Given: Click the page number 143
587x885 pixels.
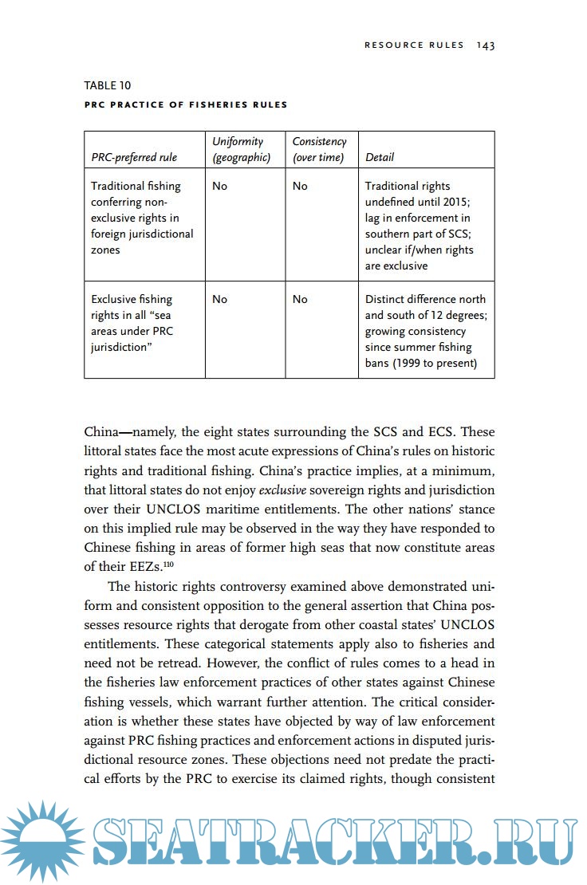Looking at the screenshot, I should tap(486, 45).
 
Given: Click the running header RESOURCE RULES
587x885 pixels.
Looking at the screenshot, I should tap(414, 45).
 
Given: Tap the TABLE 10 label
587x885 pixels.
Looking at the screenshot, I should tap(108, 85).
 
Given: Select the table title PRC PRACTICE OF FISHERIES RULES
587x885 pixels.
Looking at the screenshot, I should tap(186, 104).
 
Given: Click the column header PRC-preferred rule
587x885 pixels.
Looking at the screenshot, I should tap(134, 157).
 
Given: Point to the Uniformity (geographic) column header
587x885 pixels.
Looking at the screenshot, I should tap(242, 149).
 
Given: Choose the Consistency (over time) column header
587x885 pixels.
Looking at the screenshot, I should tap(319, 149).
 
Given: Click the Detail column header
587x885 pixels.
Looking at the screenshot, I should tap(380, 157).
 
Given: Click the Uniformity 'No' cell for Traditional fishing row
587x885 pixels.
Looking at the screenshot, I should tap(220, 186).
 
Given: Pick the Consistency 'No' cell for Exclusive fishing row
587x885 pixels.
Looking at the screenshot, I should tap(300, 299).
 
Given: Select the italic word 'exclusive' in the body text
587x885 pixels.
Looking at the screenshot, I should tap(282, 490).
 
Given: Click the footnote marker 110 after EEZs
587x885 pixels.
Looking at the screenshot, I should tap(168, 564).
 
